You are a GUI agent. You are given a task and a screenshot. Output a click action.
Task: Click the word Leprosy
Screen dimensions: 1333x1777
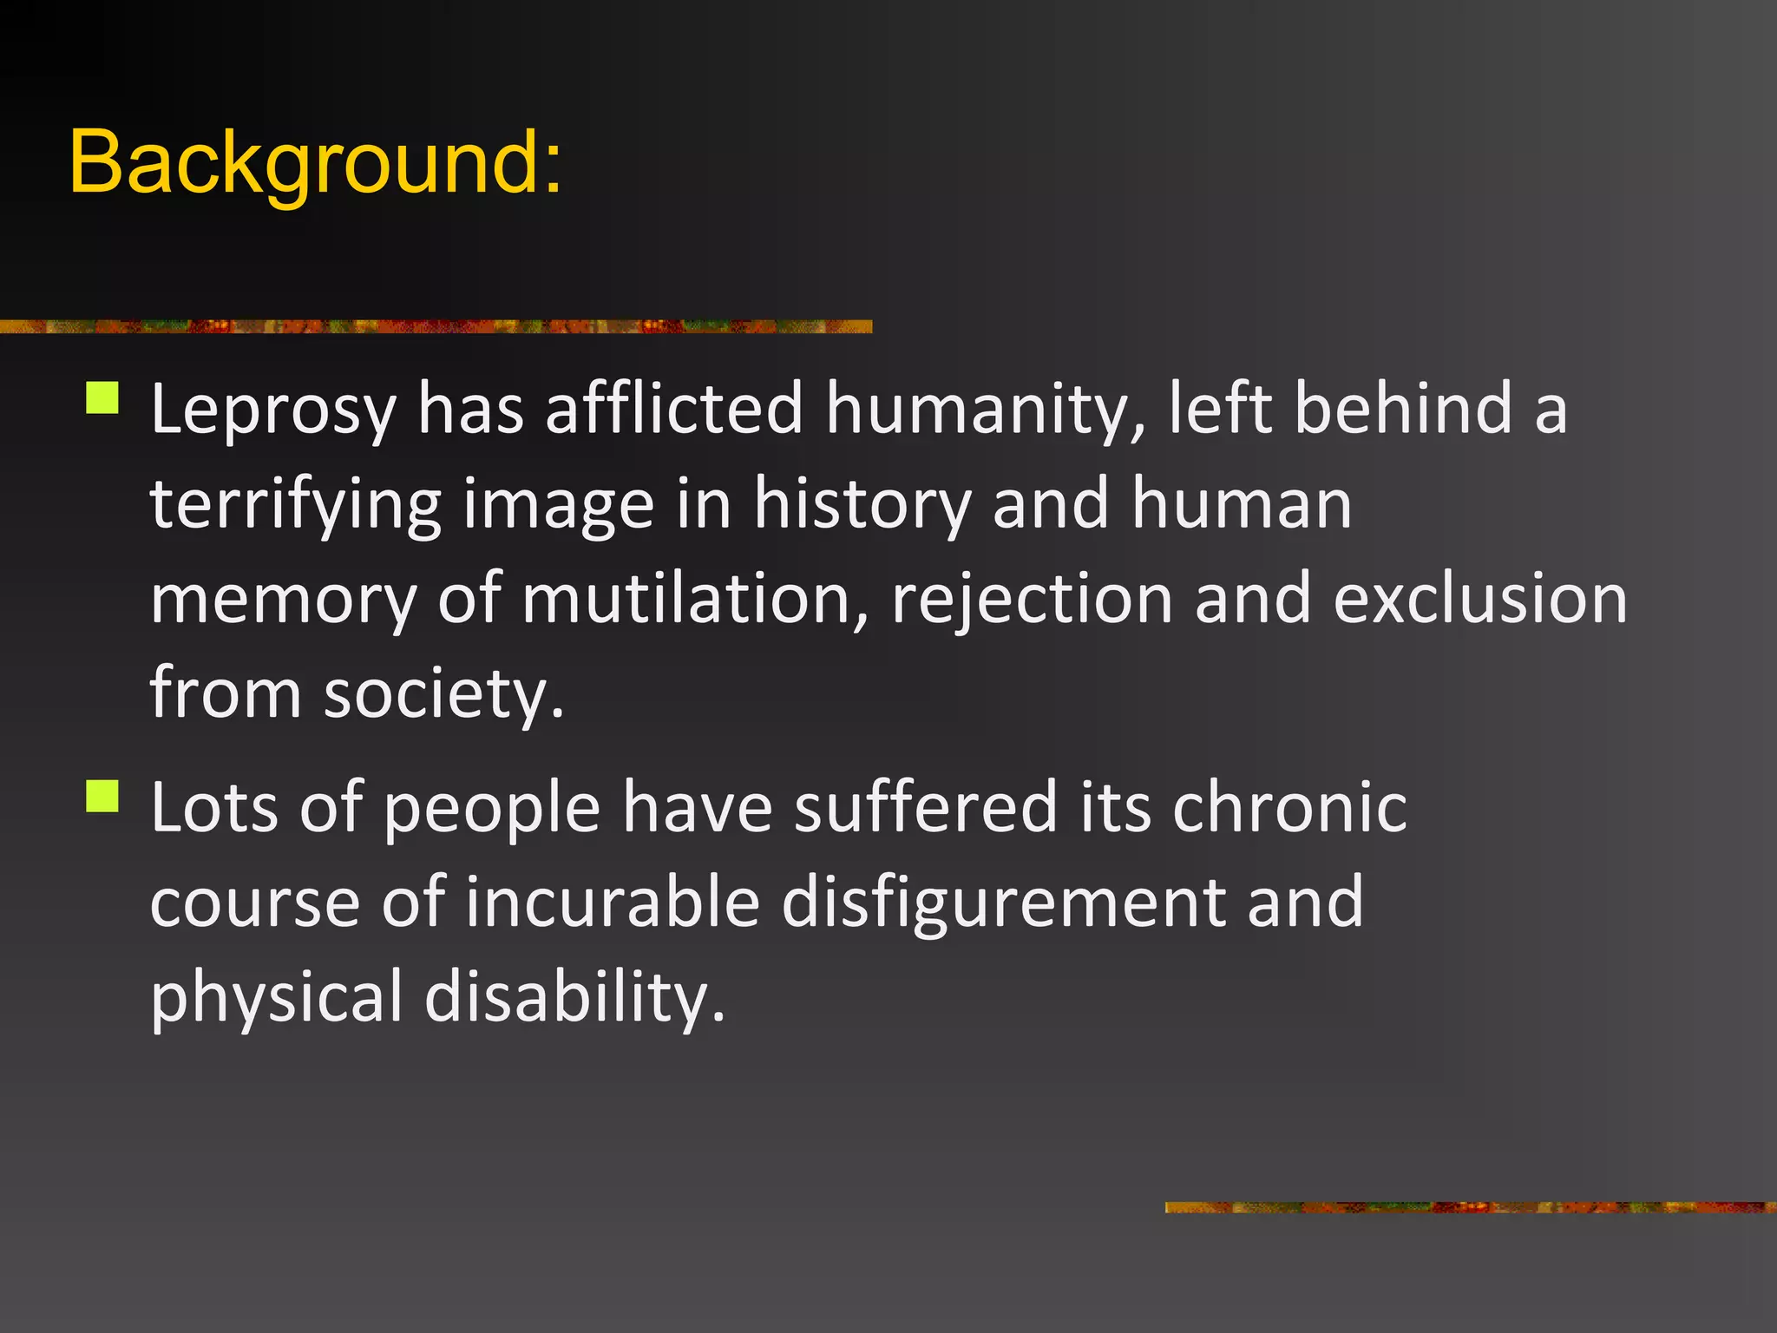point(273,410)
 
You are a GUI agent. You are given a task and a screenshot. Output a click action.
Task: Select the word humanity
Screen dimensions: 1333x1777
point(985,410)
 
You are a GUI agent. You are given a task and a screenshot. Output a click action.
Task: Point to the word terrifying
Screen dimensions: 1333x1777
point(295,505)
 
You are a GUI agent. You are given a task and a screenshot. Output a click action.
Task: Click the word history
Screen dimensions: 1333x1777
point(862,505)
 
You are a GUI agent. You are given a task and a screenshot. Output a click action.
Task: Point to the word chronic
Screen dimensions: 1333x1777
point(1289,807)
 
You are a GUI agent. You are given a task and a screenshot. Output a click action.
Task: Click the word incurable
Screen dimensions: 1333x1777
point(613,903)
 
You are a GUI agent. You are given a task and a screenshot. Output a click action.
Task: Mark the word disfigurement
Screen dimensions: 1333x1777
point(1003,903)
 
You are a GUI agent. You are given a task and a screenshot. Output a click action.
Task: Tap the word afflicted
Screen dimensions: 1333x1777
point(674,410)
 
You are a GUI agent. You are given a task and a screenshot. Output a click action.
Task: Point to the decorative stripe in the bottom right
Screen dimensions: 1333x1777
point(1470,1207)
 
